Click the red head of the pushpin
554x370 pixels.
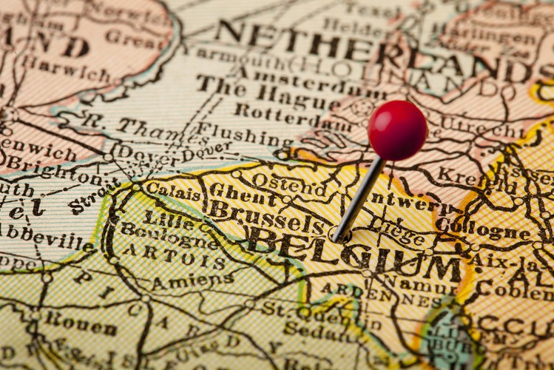397,130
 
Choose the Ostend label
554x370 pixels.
288,182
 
